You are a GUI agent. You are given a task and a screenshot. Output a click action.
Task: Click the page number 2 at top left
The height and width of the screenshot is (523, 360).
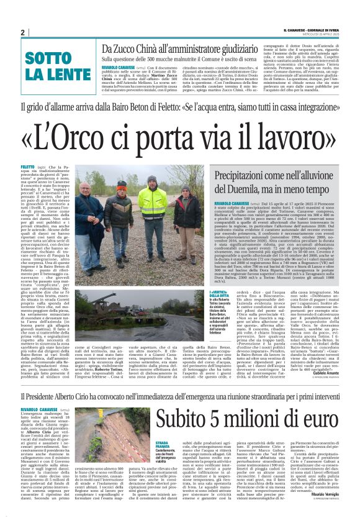22,32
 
